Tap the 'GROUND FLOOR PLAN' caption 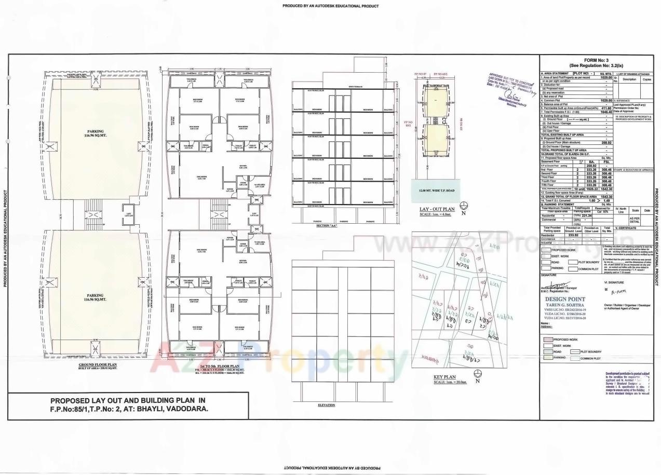(97, 365)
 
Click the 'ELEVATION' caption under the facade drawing (326, 405)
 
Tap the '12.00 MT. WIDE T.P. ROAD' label (436, 191)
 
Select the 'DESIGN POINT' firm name (565, 300)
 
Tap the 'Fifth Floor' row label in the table (549, 184)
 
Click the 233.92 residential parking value (572, 235)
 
